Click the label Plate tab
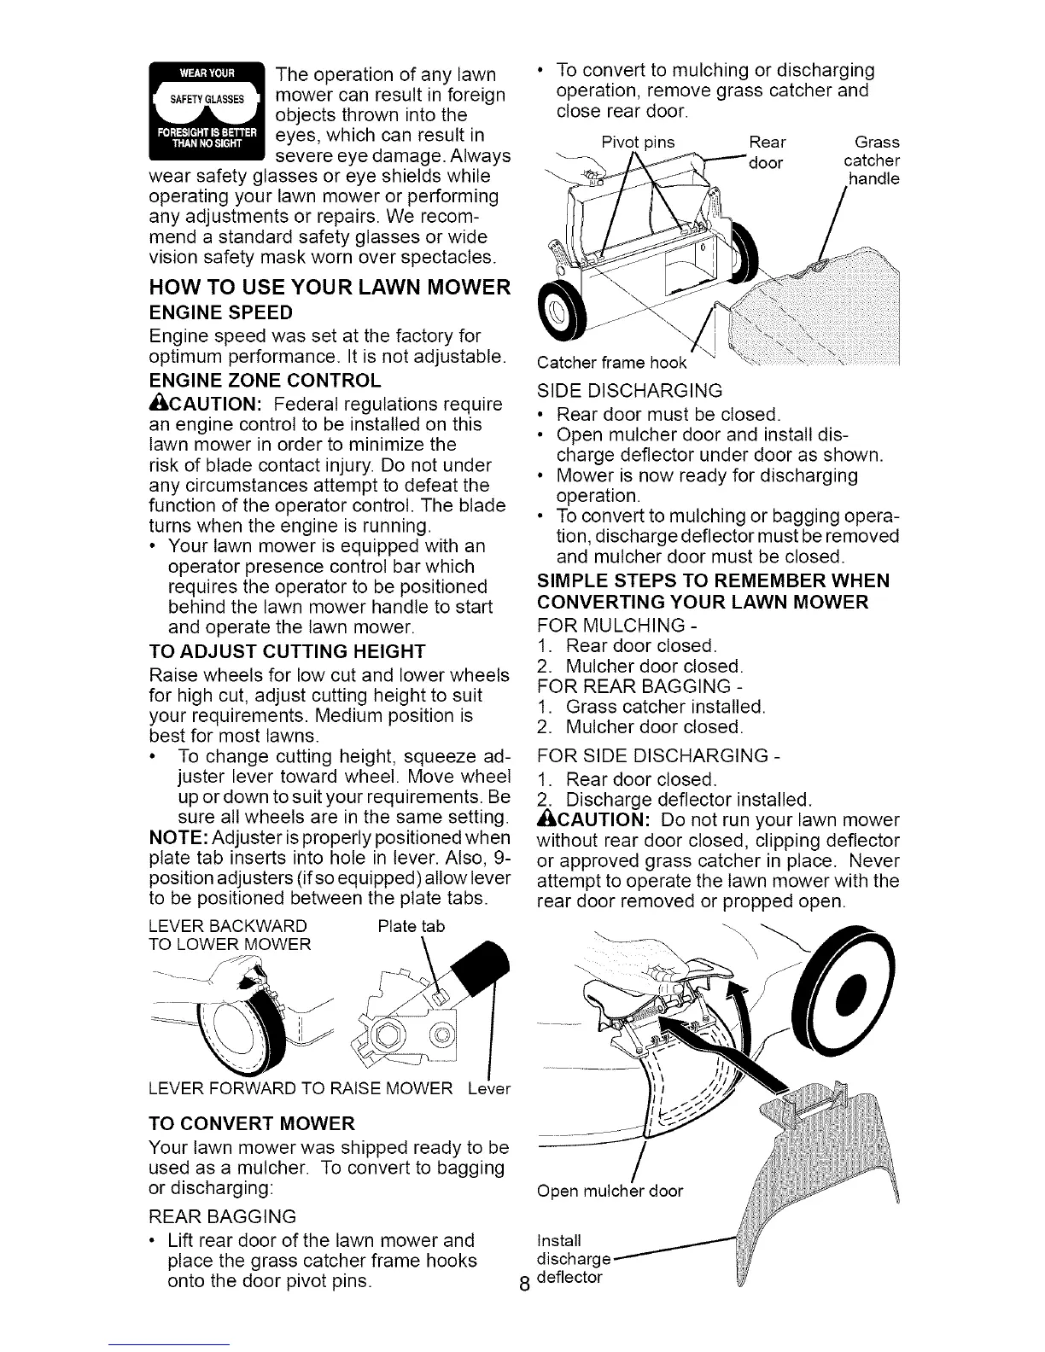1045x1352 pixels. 411,927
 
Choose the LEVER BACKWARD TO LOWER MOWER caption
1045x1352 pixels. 228,935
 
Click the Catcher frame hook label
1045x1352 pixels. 611,363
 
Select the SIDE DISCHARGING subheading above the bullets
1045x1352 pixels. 628,391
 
